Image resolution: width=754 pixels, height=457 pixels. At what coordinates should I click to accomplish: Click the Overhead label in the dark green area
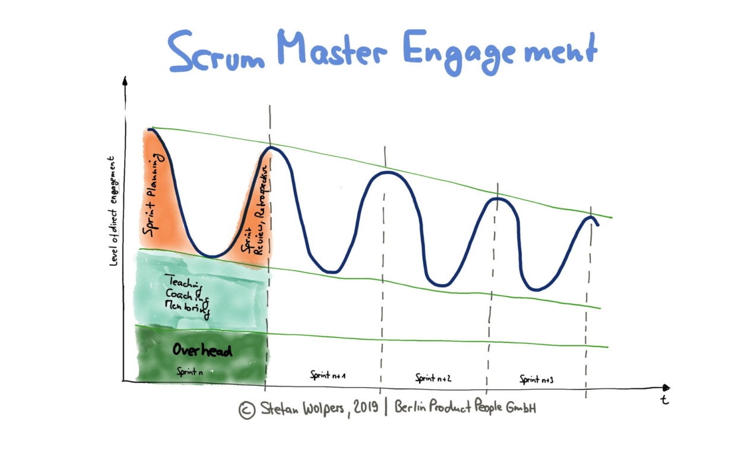click(x=202, y=350)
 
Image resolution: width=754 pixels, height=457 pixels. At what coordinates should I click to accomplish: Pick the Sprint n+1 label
click(x=328, y=375)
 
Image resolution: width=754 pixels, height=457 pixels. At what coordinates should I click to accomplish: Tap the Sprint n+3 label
click(x=537, y=379)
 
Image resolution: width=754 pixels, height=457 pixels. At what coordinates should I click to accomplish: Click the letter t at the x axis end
click(x=665, y=399)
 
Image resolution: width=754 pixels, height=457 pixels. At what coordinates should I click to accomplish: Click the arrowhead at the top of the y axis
click(x=125, y=81)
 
